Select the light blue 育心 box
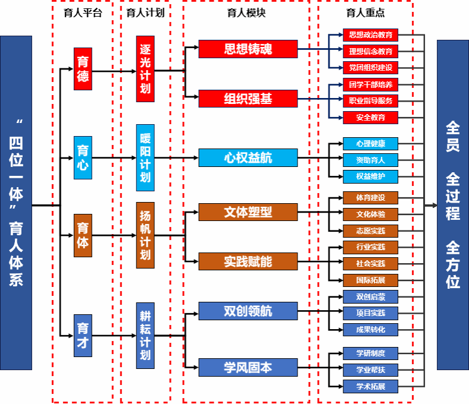coord(83,157)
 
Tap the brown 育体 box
coord(83,235)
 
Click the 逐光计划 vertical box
coord(145,69)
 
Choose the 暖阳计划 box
coord(145,157)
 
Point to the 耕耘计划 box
coord(145,335)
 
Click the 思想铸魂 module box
coord(248,49)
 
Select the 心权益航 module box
coord(248,157)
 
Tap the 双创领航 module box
coord(248,310)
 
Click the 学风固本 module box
coord(248,367)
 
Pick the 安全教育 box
coord(370,117)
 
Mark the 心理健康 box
coord(370,144)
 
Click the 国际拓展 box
coord(370,279)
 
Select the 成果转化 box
coord(370,329)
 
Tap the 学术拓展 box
coord(370,387)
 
